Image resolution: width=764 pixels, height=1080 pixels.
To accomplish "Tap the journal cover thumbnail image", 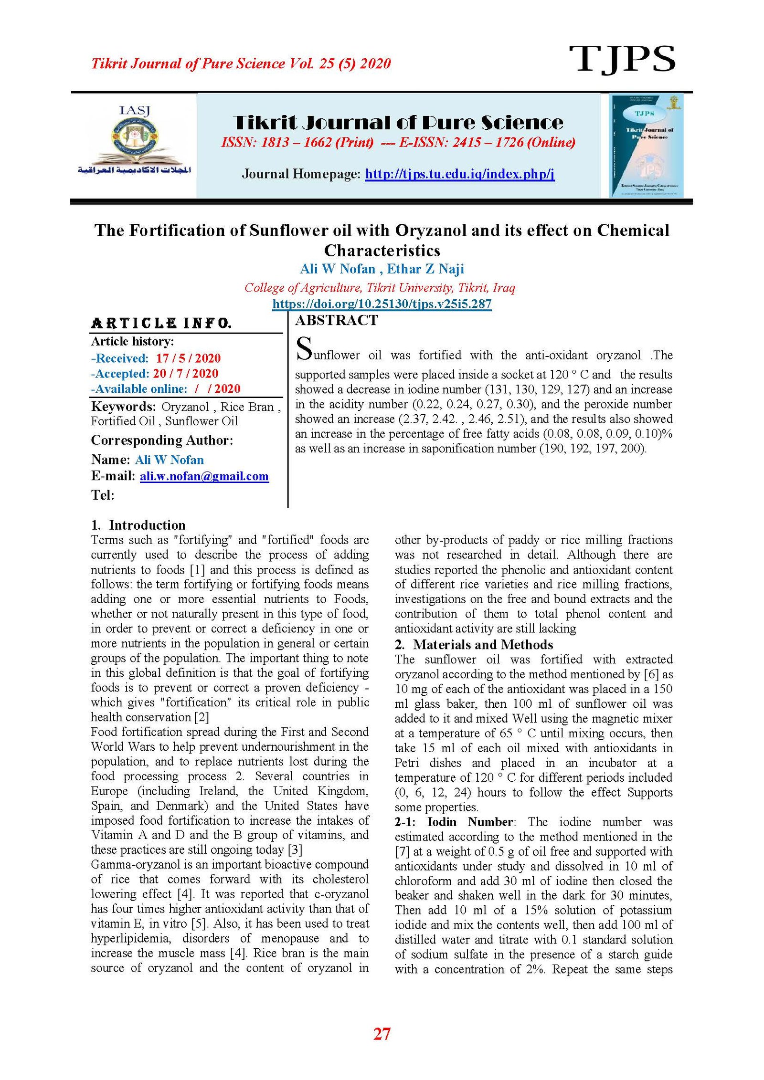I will [646, 145].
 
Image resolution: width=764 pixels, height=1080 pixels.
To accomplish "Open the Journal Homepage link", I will [459, 174].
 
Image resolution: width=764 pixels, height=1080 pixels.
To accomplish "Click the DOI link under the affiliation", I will [382, 304].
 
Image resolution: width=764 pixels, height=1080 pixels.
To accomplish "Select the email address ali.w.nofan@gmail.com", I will [204, 476].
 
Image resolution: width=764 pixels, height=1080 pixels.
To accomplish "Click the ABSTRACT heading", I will [336, 320].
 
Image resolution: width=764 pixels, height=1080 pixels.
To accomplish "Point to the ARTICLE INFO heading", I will [161, 324].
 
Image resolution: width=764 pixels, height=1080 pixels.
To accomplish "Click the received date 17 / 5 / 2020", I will [188, 358].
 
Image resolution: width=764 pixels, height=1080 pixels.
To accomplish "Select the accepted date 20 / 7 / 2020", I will [185, 374].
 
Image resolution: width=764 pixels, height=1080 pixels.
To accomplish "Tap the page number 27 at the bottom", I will [382, 1034].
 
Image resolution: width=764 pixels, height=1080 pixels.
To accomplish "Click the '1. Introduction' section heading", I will [138, 525].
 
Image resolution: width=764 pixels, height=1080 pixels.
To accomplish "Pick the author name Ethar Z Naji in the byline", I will [425, 269].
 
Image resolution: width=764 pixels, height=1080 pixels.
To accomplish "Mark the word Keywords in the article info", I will [123, 407].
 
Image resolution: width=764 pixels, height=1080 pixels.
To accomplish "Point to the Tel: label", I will [103, 495].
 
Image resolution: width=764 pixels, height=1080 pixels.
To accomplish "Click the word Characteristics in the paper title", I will [382, 251].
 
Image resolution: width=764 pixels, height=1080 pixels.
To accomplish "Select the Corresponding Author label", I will [162, 440].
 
